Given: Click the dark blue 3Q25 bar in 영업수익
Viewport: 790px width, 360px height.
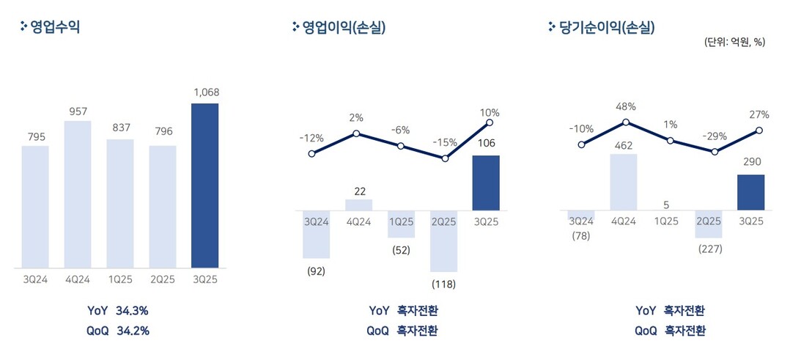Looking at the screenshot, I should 204,185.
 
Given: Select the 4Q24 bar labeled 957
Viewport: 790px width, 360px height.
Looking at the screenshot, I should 78,194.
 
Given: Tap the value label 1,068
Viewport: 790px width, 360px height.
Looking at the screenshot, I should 206,92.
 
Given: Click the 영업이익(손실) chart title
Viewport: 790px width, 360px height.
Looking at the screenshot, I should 338,27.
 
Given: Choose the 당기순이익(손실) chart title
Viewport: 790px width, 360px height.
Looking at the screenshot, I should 601,27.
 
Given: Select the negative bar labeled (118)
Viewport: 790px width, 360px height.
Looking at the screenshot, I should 444,241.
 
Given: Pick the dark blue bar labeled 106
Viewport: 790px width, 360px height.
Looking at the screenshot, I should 486,183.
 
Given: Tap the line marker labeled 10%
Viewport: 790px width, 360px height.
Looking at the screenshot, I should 489,122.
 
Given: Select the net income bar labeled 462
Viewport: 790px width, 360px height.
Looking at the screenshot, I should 624,182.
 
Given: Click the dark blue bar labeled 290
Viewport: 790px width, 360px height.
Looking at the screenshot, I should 750,192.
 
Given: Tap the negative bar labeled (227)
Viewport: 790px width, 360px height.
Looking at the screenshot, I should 708,224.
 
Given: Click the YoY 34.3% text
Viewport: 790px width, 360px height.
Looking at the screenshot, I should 118,311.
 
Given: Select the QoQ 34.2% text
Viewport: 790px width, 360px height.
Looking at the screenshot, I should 118,331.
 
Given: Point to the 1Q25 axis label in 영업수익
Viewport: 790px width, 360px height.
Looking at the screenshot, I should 120,279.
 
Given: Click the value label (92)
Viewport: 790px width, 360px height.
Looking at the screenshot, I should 316,271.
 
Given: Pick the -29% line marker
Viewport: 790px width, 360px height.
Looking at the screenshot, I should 715,152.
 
